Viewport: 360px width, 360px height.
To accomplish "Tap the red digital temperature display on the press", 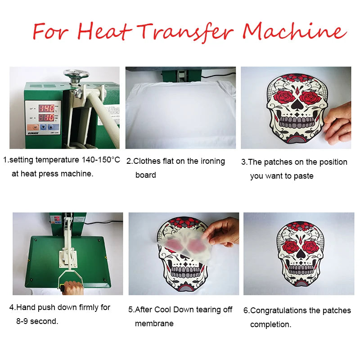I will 46,108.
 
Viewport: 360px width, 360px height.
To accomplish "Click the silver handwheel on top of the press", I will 76,74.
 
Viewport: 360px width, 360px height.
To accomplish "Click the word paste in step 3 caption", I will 303,176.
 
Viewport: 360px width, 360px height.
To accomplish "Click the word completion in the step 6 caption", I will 270,324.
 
